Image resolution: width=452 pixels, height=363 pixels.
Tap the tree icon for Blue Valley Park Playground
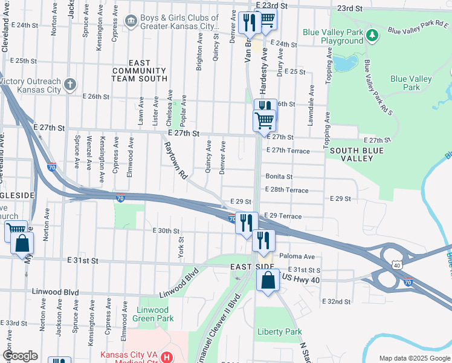click(373, 35)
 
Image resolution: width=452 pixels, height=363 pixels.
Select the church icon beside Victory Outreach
click(70, 84)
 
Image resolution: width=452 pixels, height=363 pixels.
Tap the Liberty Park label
click(279, 332)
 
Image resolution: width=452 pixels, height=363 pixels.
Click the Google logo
click(20, 356)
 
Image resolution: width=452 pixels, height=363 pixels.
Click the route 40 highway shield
click(396, 265)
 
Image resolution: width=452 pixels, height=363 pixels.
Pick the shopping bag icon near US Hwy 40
click(267, 281)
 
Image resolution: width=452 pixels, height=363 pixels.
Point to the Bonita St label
click(279, 177)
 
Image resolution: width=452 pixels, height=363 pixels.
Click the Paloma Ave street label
click(297, 257)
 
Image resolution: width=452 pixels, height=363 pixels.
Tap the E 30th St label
click(166, 231)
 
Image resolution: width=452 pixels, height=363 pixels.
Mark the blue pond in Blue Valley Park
click(344, 63)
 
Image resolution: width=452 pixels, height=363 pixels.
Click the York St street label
click(180, 247)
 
